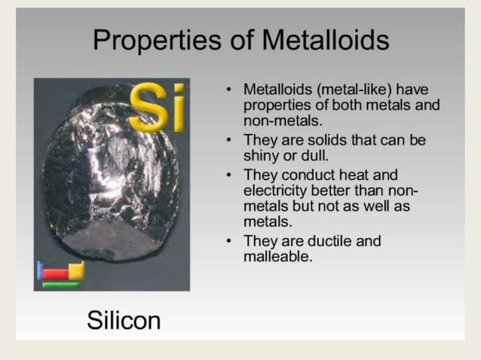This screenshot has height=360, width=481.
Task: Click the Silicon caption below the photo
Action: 124,321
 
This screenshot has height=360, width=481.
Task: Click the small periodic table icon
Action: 60,274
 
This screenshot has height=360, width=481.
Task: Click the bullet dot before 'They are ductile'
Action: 228,241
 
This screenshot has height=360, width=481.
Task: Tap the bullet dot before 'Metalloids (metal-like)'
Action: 228,89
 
